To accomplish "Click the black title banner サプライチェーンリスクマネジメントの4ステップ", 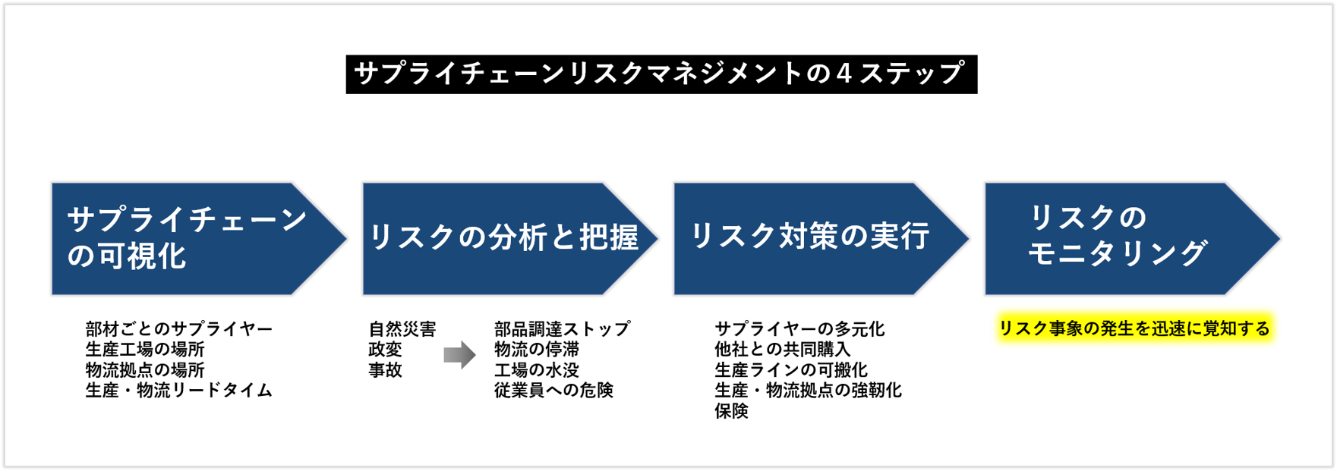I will [661, 74].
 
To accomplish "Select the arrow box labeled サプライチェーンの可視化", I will [190, 238].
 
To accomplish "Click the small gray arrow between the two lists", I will [459, 355].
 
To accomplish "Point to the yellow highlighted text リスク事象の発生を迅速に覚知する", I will [1134, 328].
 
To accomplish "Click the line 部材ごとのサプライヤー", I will [179, 329].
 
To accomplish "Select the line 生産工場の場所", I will [145, 350].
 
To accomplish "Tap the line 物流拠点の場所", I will [145, 370].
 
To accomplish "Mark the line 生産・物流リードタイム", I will [179, 391].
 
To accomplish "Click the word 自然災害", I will [402, 329].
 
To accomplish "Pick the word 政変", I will [385, 350].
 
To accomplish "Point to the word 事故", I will [385, 370].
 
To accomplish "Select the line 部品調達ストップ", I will [562, 329].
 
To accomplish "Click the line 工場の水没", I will [537, 370].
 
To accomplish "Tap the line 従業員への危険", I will [553, 391].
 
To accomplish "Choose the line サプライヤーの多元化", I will [799, 329].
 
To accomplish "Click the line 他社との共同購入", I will [782, 350].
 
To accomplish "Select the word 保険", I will [731, 411].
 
